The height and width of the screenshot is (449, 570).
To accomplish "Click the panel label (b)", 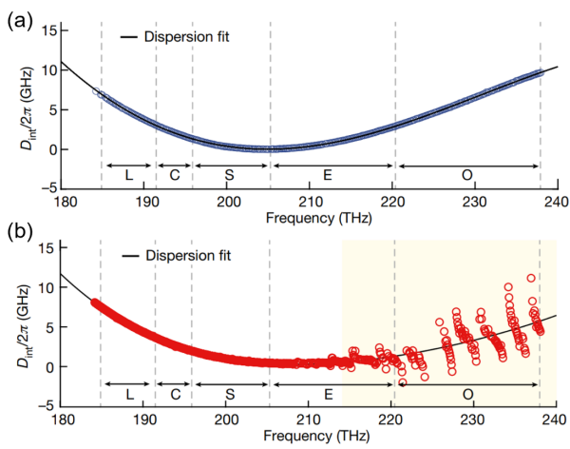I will pyautogui.click(x=15, y=231).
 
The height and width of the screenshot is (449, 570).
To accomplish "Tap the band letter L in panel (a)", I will pyautogui.click(x=127, y=177).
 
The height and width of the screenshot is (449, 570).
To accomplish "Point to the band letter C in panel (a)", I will pyautogui.click(x=174, y=177).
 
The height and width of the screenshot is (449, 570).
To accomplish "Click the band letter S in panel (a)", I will pyautogui.click(x=230, y=177).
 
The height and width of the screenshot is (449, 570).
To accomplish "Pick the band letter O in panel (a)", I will pyautogui.click(x=467, y=177).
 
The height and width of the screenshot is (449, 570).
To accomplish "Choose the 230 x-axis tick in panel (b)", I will pyautogui.click(x=473, y=420).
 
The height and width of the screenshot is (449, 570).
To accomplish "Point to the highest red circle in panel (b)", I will pyautogui.click(x=531, y=279).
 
